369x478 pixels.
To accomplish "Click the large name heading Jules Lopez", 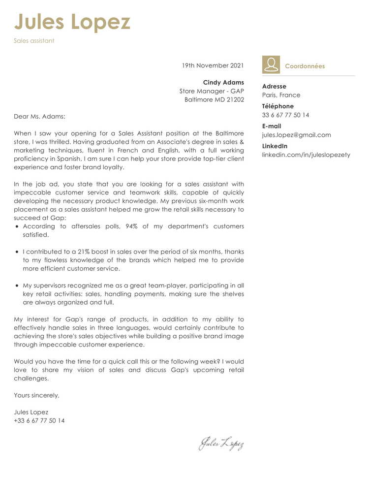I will (x=72, y=22).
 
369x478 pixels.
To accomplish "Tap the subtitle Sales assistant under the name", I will (x=34, y=41).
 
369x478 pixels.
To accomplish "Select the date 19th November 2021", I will (x=213, y=65).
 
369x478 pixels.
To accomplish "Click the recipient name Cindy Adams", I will (x=223, y=83).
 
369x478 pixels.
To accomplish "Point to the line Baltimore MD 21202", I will (x=214, y=99).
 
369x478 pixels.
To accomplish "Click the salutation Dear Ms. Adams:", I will (x=39, y=117).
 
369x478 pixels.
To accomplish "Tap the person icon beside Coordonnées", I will (x=271, y=65).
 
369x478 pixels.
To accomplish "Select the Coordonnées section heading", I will (x=305, y=66).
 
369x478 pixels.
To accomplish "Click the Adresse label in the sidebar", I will (x=274, y=87).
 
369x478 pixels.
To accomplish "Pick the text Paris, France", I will (x=281, y=95).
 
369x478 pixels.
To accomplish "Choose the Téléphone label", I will (x=278, y=106).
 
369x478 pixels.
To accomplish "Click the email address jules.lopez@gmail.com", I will (x=297, y=135).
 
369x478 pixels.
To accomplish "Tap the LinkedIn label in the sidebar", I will (x=275, y=146).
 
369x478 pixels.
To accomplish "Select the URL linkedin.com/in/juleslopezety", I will (x=306, y=155).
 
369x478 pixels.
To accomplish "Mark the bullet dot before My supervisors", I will (x=18, y=286).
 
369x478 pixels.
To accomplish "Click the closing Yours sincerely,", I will (x=36, y=395).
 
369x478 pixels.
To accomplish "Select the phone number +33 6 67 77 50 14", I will (x=39, y=421).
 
